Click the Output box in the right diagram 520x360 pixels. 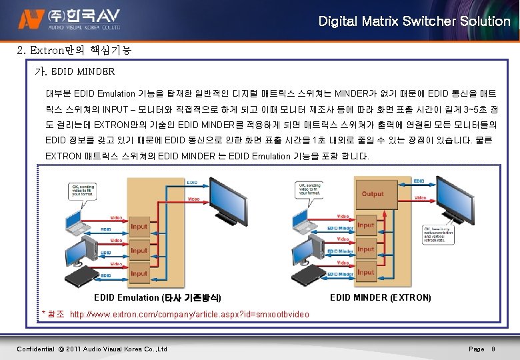coord(373,194)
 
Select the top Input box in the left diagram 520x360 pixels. coord(139,227)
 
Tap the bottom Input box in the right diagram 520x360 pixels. coord(366,273)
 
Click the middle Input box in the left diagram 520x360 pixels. coord(139,250)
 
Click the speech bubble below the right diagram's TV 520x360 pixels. coord(440,235)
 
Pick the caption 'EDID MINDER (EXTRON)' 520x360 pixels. coord(380,297)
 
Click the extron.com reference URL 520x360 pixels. coord(189,314)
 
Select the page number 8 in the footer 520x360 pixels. coord(492,349)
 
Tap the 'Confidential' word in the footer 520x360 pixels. coord(35,349)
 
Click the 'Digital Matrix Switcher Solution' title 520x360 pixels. coord(414,21)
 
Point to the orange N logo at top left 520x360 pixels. coord(29,21)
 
